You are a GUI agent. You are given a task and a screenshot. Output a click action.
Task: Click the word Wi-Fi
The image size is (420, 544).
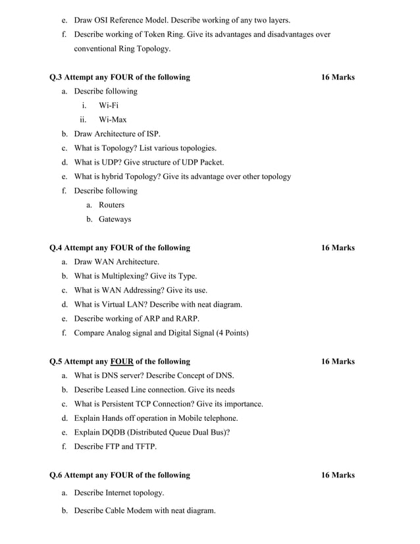[109, 105]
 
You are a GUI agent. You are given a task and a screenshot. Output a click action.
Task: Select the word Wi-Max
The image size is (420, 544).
[113, 120]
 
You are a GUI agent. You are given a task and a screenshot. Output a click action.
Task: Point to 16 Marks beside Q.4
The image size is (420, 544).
[338, 248]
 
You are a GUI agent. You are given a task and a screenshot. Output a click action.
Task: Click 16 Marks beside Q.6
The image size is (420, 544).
[338, 475]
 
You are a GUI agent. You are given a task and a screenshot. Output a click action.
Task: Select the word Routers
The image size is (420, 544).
[111, 205]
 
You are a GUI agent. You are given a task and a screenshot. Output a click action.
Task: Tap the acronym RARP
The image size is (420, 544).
[187, 319]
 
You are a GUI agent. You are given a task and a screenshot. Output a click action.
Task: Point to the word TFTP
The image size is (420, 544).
[145, 447]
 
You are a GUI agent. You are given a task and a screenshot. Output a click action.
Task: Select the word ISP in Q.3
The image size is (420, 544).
[153, 134]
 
